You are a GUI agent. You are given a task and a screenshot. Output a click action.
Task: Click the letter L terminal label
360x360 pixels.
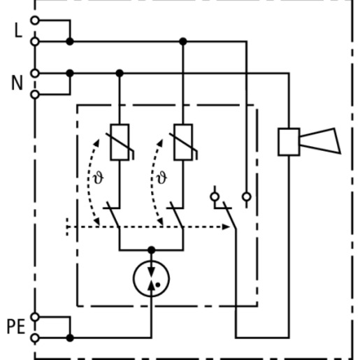[x=18, y=31]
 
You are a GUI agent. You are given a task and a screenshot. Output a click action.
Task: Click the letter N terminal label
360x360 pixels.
[x=17, y=83]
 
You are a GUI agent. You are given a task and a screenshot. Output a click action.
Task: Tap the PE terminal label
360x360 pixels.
[x=16, y=327]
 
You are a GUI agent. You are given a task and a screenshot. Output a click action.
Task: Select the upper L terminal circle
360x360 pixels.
[x=35, y=20]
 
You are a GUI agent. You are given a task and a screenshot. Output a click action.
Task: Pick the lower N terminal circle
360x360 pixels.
[x=35, y=94]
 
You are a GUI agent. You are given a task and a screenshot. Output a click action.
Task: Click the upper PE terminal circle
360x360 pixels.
[x=35, y=317]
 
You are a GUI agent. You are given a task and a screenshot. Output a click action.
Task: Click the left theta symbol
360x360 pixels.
[x=98, y=178]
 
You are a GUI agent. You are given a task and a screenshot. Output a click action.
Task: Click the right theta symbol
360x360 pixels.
[x=161, y=178]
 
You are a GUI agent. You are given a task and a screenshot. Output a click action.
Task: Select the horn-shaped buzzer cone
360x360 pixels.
[x=320, y=141]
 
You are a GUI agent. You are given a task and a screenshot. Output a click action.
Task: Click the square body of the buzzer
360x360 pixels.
[x=289, y=142]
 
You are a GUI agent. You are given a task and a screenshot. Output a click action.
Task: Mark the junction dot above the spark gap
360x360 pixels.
[x=152, y=250]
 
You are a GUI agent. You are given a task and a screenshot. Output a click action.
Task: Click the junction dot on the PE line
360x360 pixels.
[x=70, y=338]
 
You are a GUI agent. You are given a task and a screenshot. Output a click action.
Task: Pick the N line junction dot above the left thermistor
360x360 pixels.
[x=120, y=73]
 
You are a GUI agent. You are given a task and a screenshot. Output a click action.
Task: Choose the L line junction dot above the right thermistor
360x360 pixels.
[x=183, y=41]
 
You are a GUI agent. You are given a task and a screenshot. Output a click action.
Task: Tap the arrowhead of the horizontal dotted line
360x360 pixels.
[x=226, y=226]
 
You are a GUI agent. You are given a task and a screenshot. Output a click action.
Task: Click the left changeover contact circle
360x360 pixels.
[x=215, y=196]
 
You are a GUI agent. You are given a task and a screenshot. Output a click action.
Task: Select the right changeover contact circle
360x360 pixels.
[x=247, y=196]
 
